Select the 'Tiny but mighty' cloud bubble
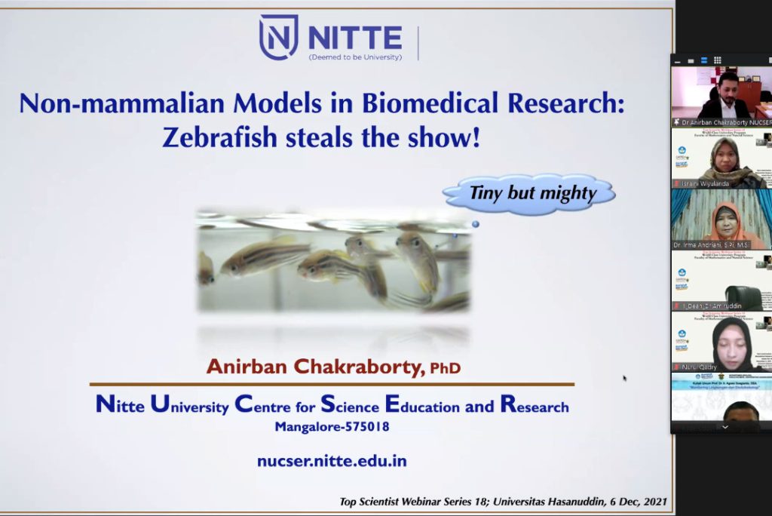531,193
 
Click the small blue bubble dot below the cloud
475,224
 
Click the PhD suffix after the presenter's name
445,368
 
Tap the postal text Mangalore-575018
332,427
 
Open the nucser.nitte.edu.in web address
332,460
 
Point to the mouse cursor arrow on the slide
624,378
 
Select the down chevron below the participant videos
725,426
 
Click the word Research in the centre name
535,406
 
